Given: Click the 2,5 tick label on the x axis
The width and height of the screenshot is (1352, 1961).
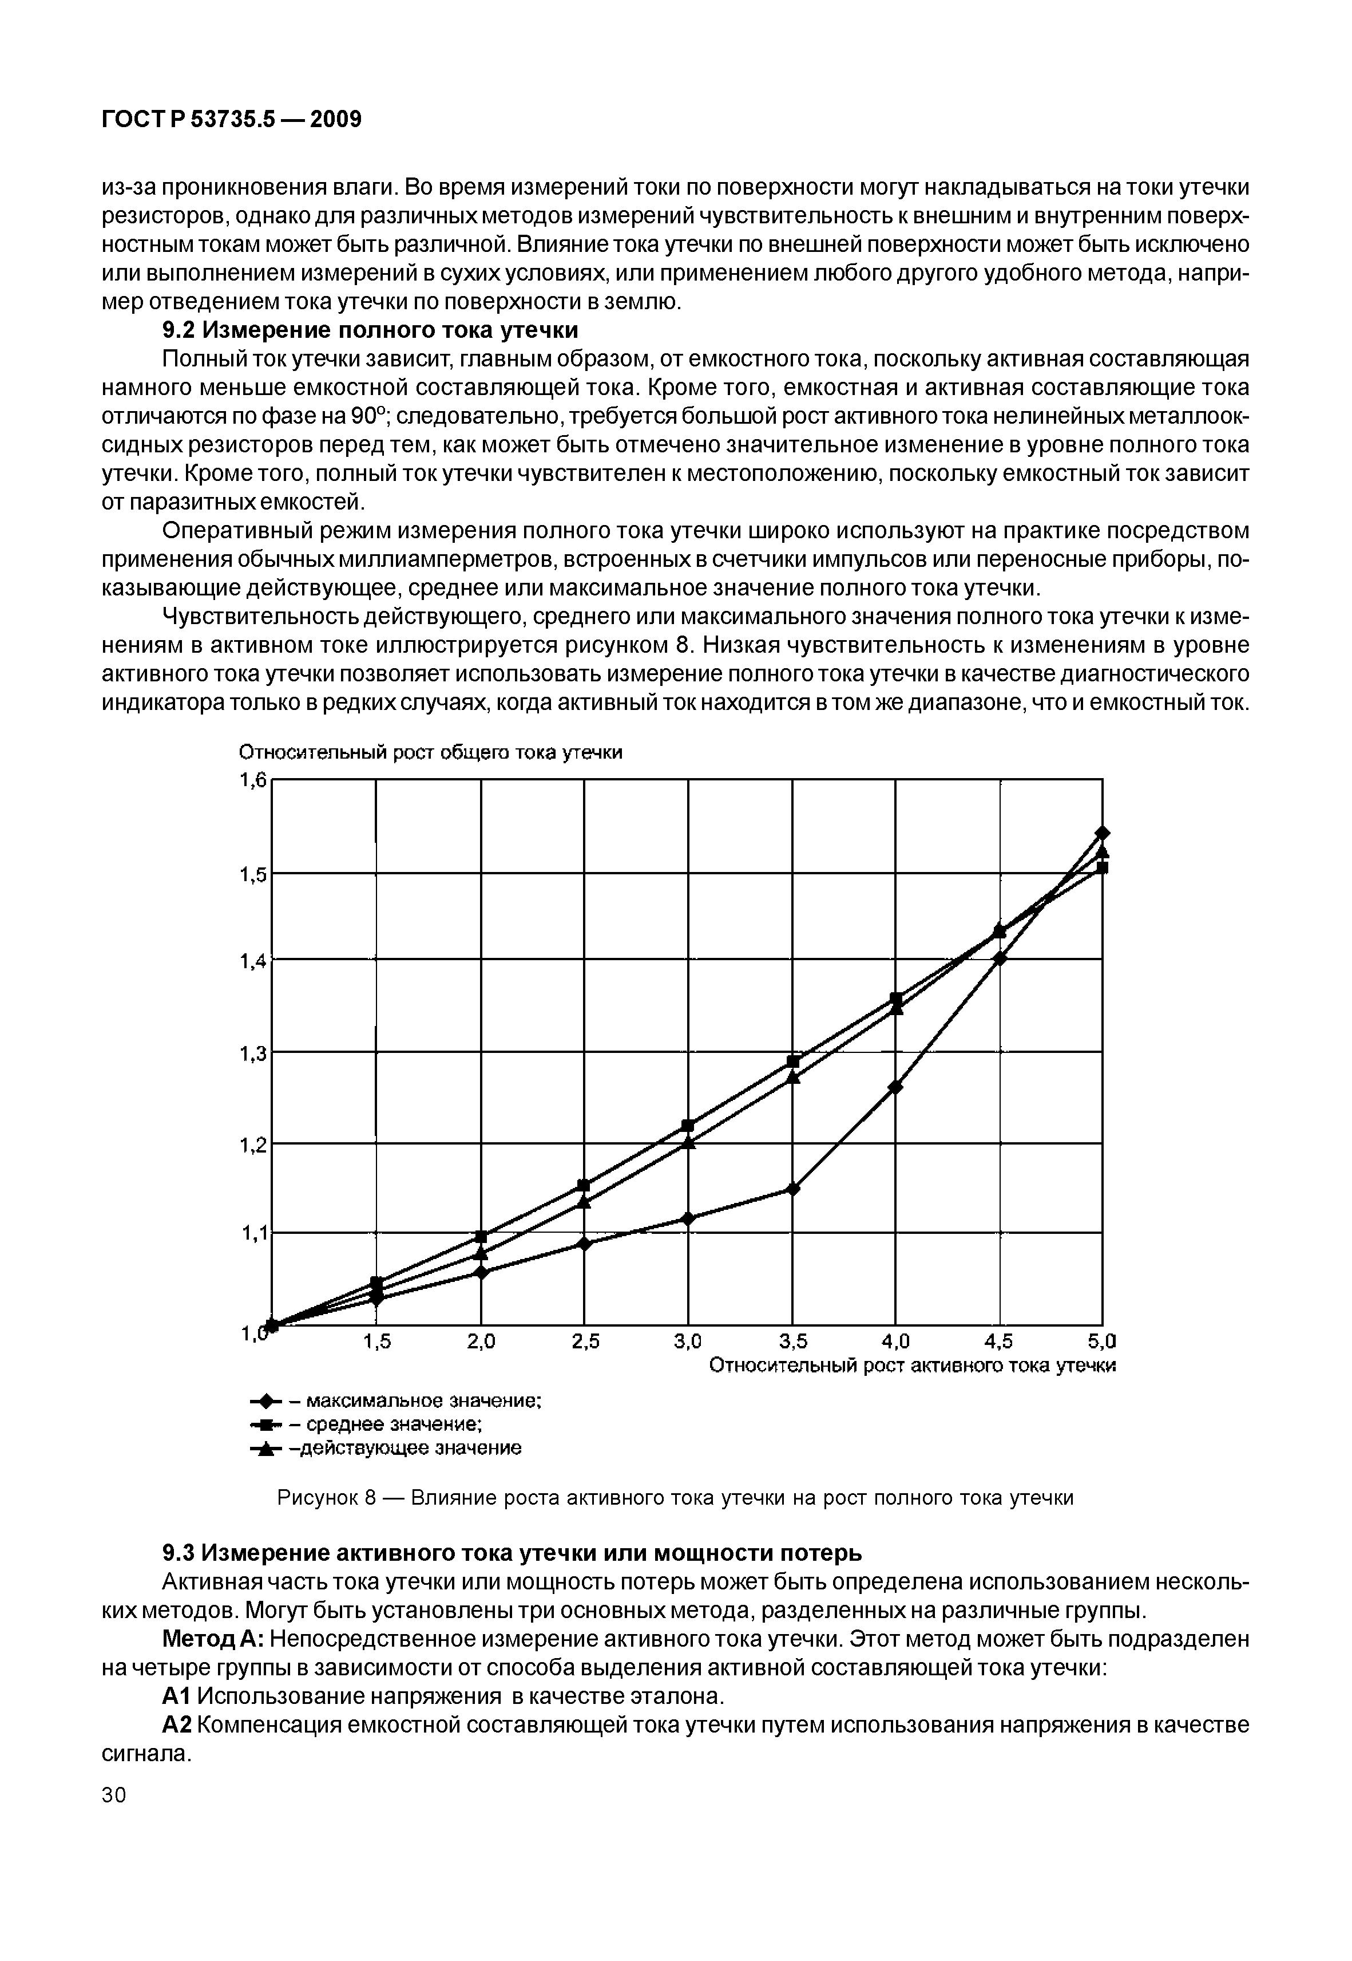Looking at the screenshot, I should pyautogui.click(x=585, y=1341).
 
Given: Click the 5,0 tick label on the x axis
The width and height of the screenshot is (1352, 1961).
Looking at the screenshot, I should pyautogui.click(x=1102, y=1341).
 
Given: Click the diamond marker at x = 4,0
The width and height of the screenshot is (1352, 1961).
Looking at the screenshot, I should pyautogui.click(x=896, y=1087).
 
